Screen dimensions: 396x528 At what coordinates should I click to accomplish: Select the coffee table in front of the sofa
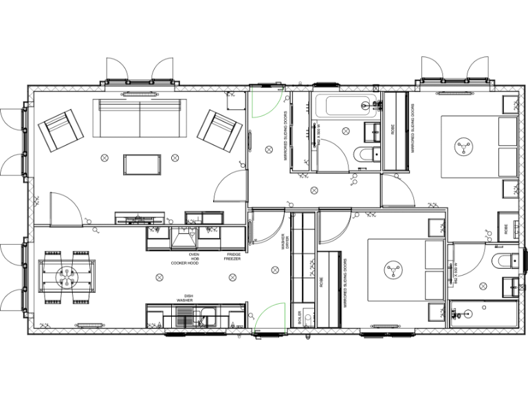(142, 164)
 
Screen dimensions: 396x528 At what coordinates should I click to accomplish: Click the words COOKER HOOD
(185, 263)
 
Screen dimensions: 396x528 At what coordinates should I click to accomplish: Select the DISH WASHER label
(184, 298)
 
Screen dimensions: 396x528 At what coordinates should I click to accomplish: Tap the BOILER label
(300, 317)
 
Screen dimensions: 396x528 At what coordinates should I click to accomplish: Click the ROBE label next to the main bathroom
(393, 129)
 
